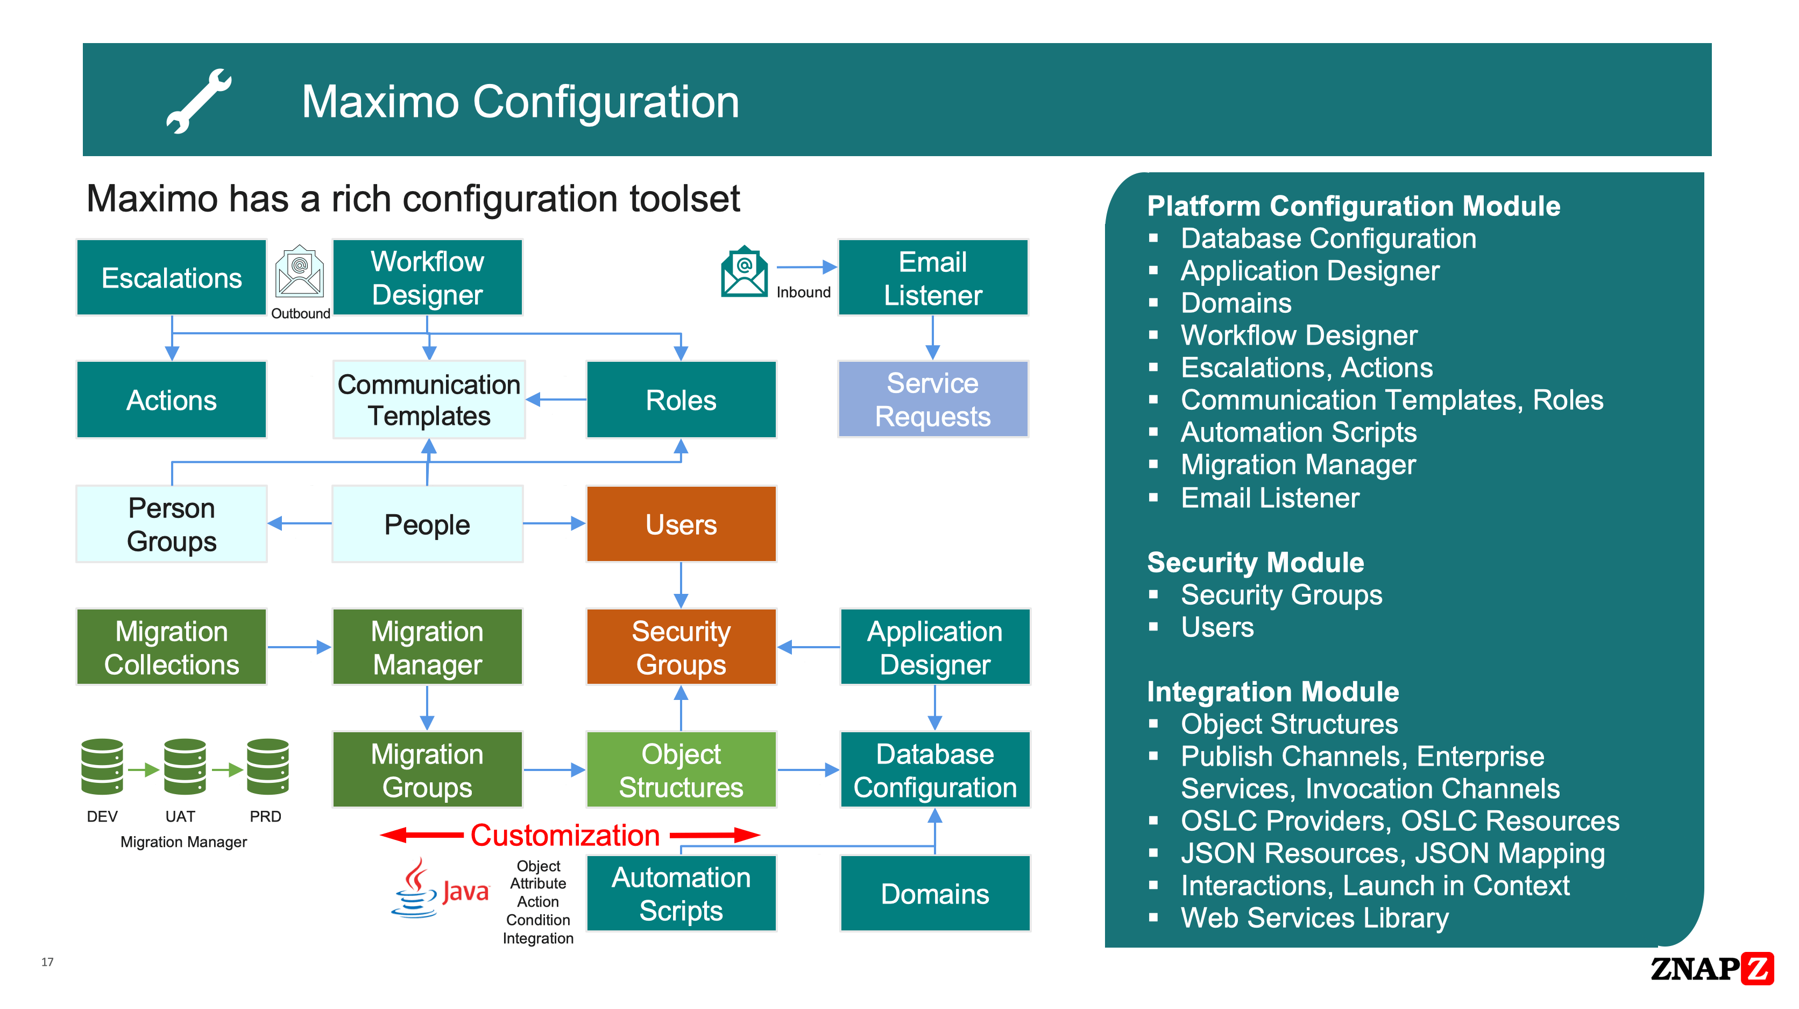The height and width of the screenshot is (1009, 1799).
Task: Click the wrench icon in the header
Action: click(199, 101)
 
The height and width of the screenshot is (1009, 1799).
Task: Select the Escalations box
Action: click(171, 277)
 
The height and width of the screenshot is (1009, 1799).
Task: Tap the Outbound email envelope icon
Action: click(300, 272)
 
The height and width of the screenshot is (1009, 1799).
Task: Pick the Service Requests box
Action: click(932, 399)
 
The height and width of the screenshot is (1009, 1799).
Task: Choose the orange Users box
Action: click(681, 524)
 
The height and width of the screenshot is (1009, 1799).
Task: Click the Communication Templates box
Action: click(428, 399)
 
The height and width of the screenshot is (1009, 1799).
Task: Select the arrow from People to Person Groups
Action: click(300, 523)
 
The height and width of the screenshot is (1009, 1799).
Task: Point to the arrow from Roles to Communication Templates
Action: click(556, 400)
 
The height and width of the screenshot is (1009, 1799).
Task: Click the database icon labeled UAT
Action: click(185, 767)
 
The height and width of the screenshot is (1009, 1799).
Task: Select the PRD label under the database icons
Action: click(265, 816)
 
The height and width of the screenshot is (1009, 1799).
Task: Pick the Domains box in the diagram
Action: click(934, 893)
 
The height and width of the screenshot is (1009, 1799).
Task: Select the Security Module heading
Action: click(1255, 562)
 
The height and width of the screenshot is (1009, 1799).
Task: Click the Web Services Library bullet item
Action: click(1314, 917)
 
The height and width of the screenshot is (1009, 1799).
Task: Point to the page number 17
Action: click(47, 962)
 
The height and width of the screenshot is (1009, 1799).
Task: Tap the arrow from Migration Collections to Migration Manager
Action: click(300, 647)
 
